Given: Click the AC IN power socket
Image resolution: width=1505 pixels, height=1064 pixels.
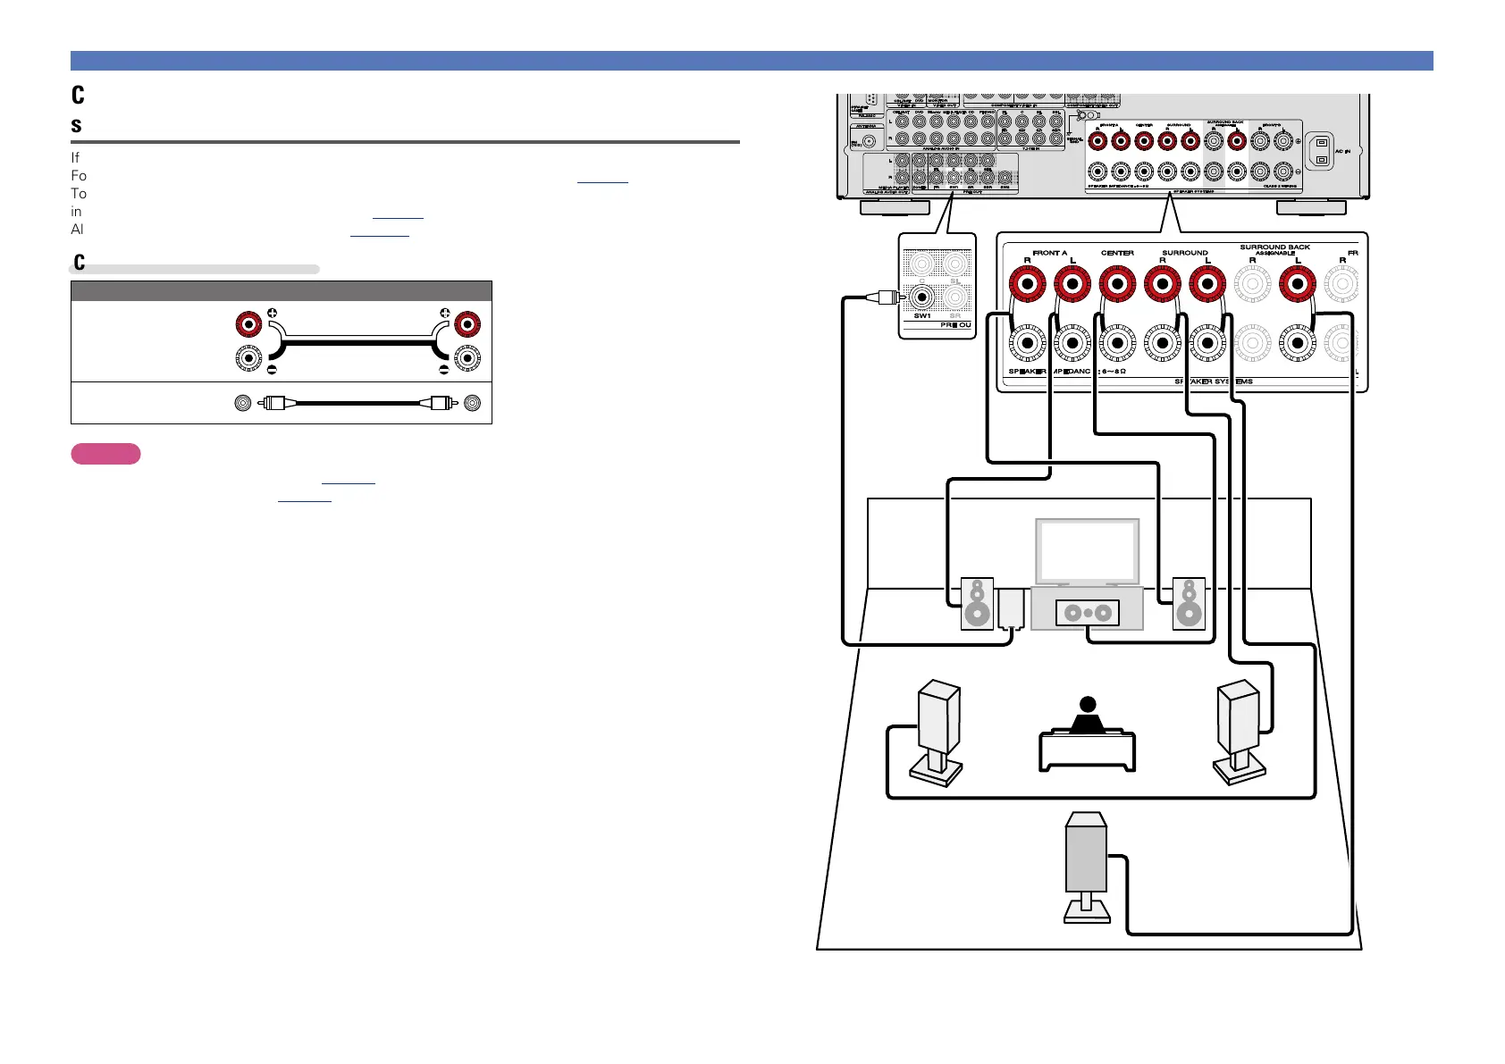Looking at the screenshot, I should click(x=1321, y=152).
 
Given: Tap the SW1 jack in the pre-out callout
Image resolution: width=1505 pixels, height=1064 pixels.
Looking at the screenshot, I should click(x=922, y=296).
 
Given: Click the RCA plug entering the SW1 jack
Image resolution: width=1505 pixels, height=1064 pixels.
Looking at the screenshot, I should click(x=887, y=297).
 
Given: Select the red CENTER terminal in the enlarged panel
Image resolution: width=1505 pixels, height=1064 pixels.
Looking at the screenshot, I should click(x=1117, y=285).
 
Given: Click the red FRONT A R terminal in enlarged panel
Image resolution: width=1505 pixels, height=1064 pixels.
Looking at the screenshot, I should click(x=1027, y=285).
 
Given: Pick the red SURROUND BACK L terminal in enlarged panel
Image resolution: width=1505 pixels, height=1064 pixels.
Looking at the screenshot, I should click(x=1298, y=285).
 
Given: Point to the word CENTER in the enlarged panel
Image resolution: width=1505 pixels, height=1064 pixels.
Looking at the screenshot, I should click(x=1117, y=253).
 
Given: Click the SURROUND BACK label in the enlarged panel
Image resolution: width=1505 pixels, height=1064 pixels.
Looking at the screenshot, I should click(x=1274, y=247).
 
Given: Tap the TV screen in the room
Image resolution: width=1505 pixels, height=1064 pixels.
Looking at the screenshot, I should click(x=1087, y=551).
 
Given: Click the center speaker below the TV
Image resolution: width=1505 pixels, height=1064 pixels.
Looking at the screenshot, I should click(x=1087, y=613).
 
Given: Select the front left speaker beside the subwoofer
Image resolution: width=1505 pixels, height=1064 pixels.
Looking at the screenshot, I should click(x=977, y=604).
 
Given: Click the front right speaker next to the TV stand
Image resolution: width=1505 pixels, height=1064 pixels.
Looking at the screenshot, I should click(x=1189, y=604).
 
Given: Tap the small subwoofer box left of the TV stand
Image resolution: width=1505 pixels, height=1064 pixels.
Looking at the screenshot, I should click(x=1011, y=607).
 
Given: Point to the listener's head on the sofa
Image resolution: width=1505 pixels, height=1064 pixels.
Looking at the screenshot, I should click(x=1087, y=705).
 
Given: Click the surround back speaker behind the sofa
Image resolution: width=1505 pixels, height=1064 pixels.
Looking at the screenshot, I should click(x=1086, y=862).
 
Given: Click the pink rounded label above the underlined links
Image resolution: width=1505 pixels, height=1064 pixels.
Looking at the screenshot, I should click(x=105, y=454).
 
